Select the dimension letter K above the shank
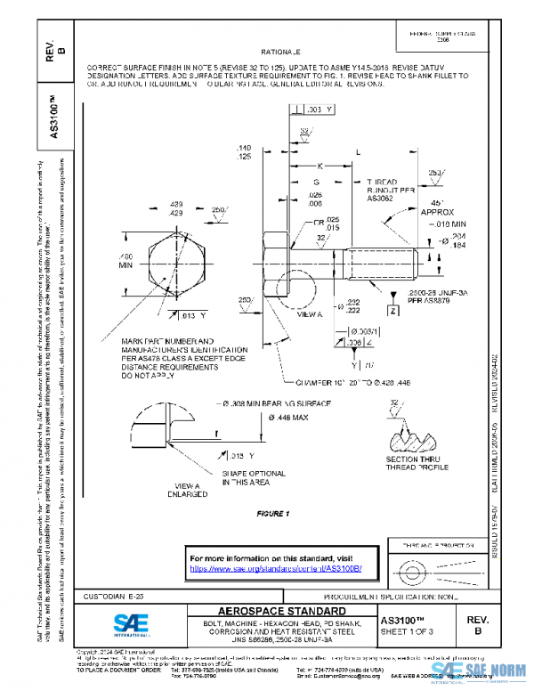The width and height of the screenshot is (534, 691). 318,167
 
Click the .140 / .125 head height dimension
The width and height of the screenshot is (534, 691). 243,151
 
